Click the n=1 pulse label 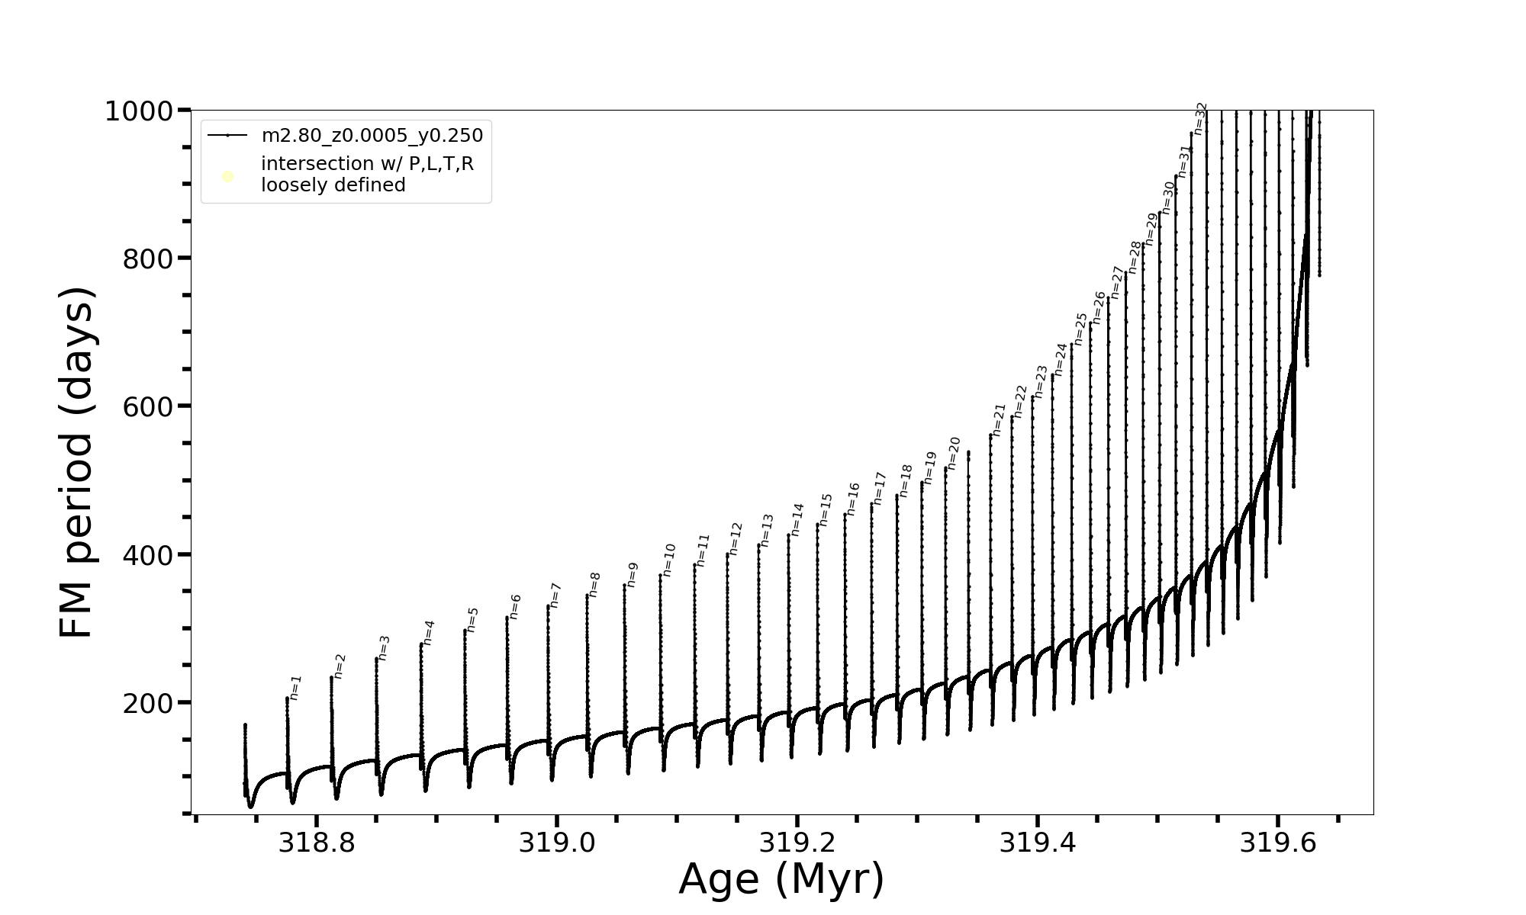[296, 687]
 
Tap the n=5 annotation [473, 619]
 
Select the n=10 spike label [669, 560]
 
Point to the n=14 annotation [797, 519]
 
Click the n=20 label [954, 453]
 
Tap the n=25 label [1081, 329]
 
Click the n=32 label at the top [1201, 119]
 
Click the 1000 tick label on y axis [139, 111]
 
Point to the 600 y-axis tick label [148, 406]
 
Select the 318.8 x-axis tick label [316, 843]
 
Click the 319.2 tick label [797, 843]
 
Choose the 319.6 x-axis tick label [1277, 843]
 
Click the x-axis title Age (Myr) [781, 879]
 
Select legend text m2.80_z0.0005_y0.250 [372, 136]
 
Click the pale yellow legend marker [227, 177]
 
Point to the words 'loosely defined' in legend [333, 185]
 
